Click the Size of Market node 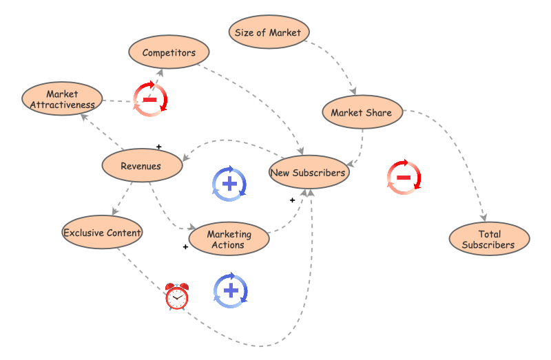coord(269,32)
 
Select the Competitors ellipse coord(169,52)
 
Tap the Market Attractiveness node coord(63,99)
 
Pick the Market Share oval coord(362,112)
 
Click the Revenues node coord(141,166)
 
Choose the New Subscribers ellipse coord(308,172)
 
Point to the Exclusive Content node coord(102,232)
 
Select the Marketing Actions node coord(229,239)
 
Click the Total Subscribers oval coord(489,239)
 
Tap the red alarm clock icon coord(177,297)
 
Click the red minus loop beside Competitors coord(149,100)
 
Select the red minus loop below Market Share coord(404,178)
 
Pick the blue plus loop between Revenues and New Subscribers coord(229,184)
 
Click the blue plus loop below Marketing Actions coord(231,290)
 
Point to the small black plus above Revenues coord(159,147)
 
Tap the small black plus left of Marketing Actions coord(185,246)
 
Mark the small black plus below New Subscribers coord(292,200)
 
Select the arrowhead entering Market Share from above coord(354,91)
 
